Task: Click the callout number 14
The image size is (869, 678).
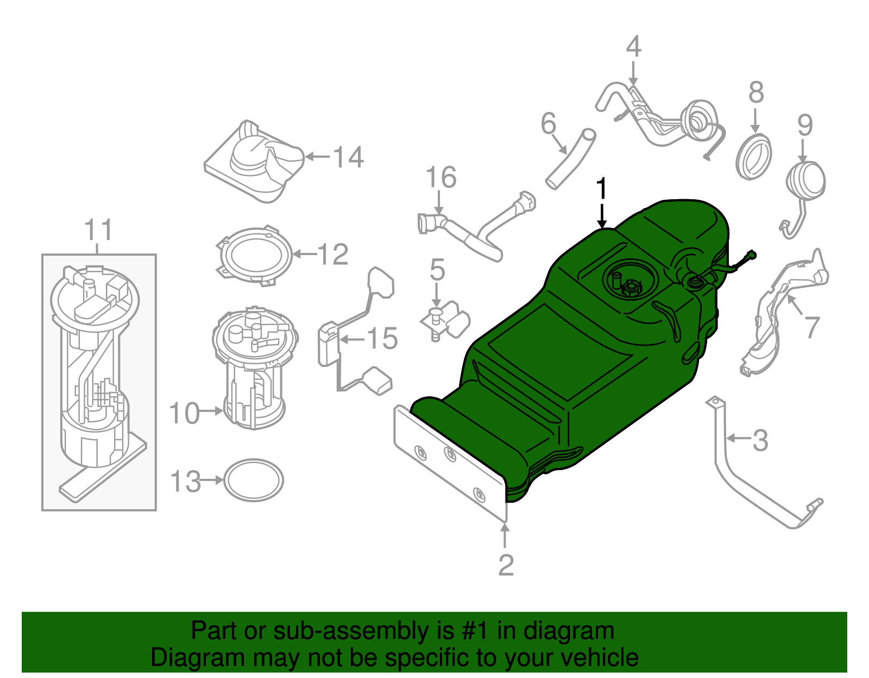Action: coord(348,157)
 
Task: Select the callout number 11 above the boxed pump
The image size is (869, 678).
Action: coord(99,230)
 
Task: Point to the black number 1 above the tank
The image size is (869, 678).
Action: coord(601,189)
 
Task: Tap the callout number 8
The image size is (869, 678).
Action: coord(755,93)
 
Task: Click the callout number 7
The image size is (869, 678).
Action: coord(811,327)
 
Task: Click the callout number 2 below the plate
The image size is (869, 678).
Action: coord(506,566)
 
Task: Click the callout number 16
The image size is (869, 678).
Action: coord(440,178)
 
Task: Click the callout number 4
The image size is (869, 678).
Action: coord(633,47)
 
